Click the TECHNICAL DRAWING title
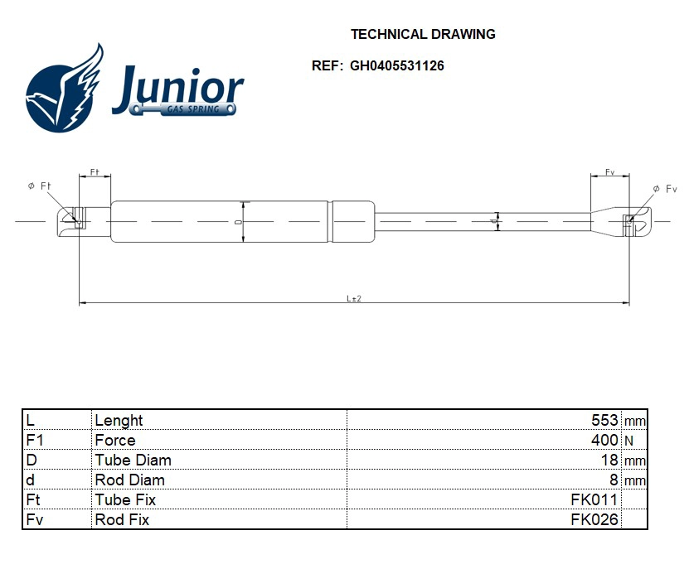click(423, 35)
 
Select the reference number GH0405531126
click(396, 66)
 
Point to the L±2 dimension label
click(354, 298)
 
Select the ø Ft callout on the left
click(40, 186)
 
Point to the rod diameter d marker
click(496, 221)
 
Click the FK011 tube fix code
click(594, 500)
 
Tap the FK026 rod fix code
click(594, 520)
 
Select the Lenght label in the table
click(119, 421)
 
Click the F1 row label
click(35, 441)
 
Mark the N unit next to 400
click(628, 441)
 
